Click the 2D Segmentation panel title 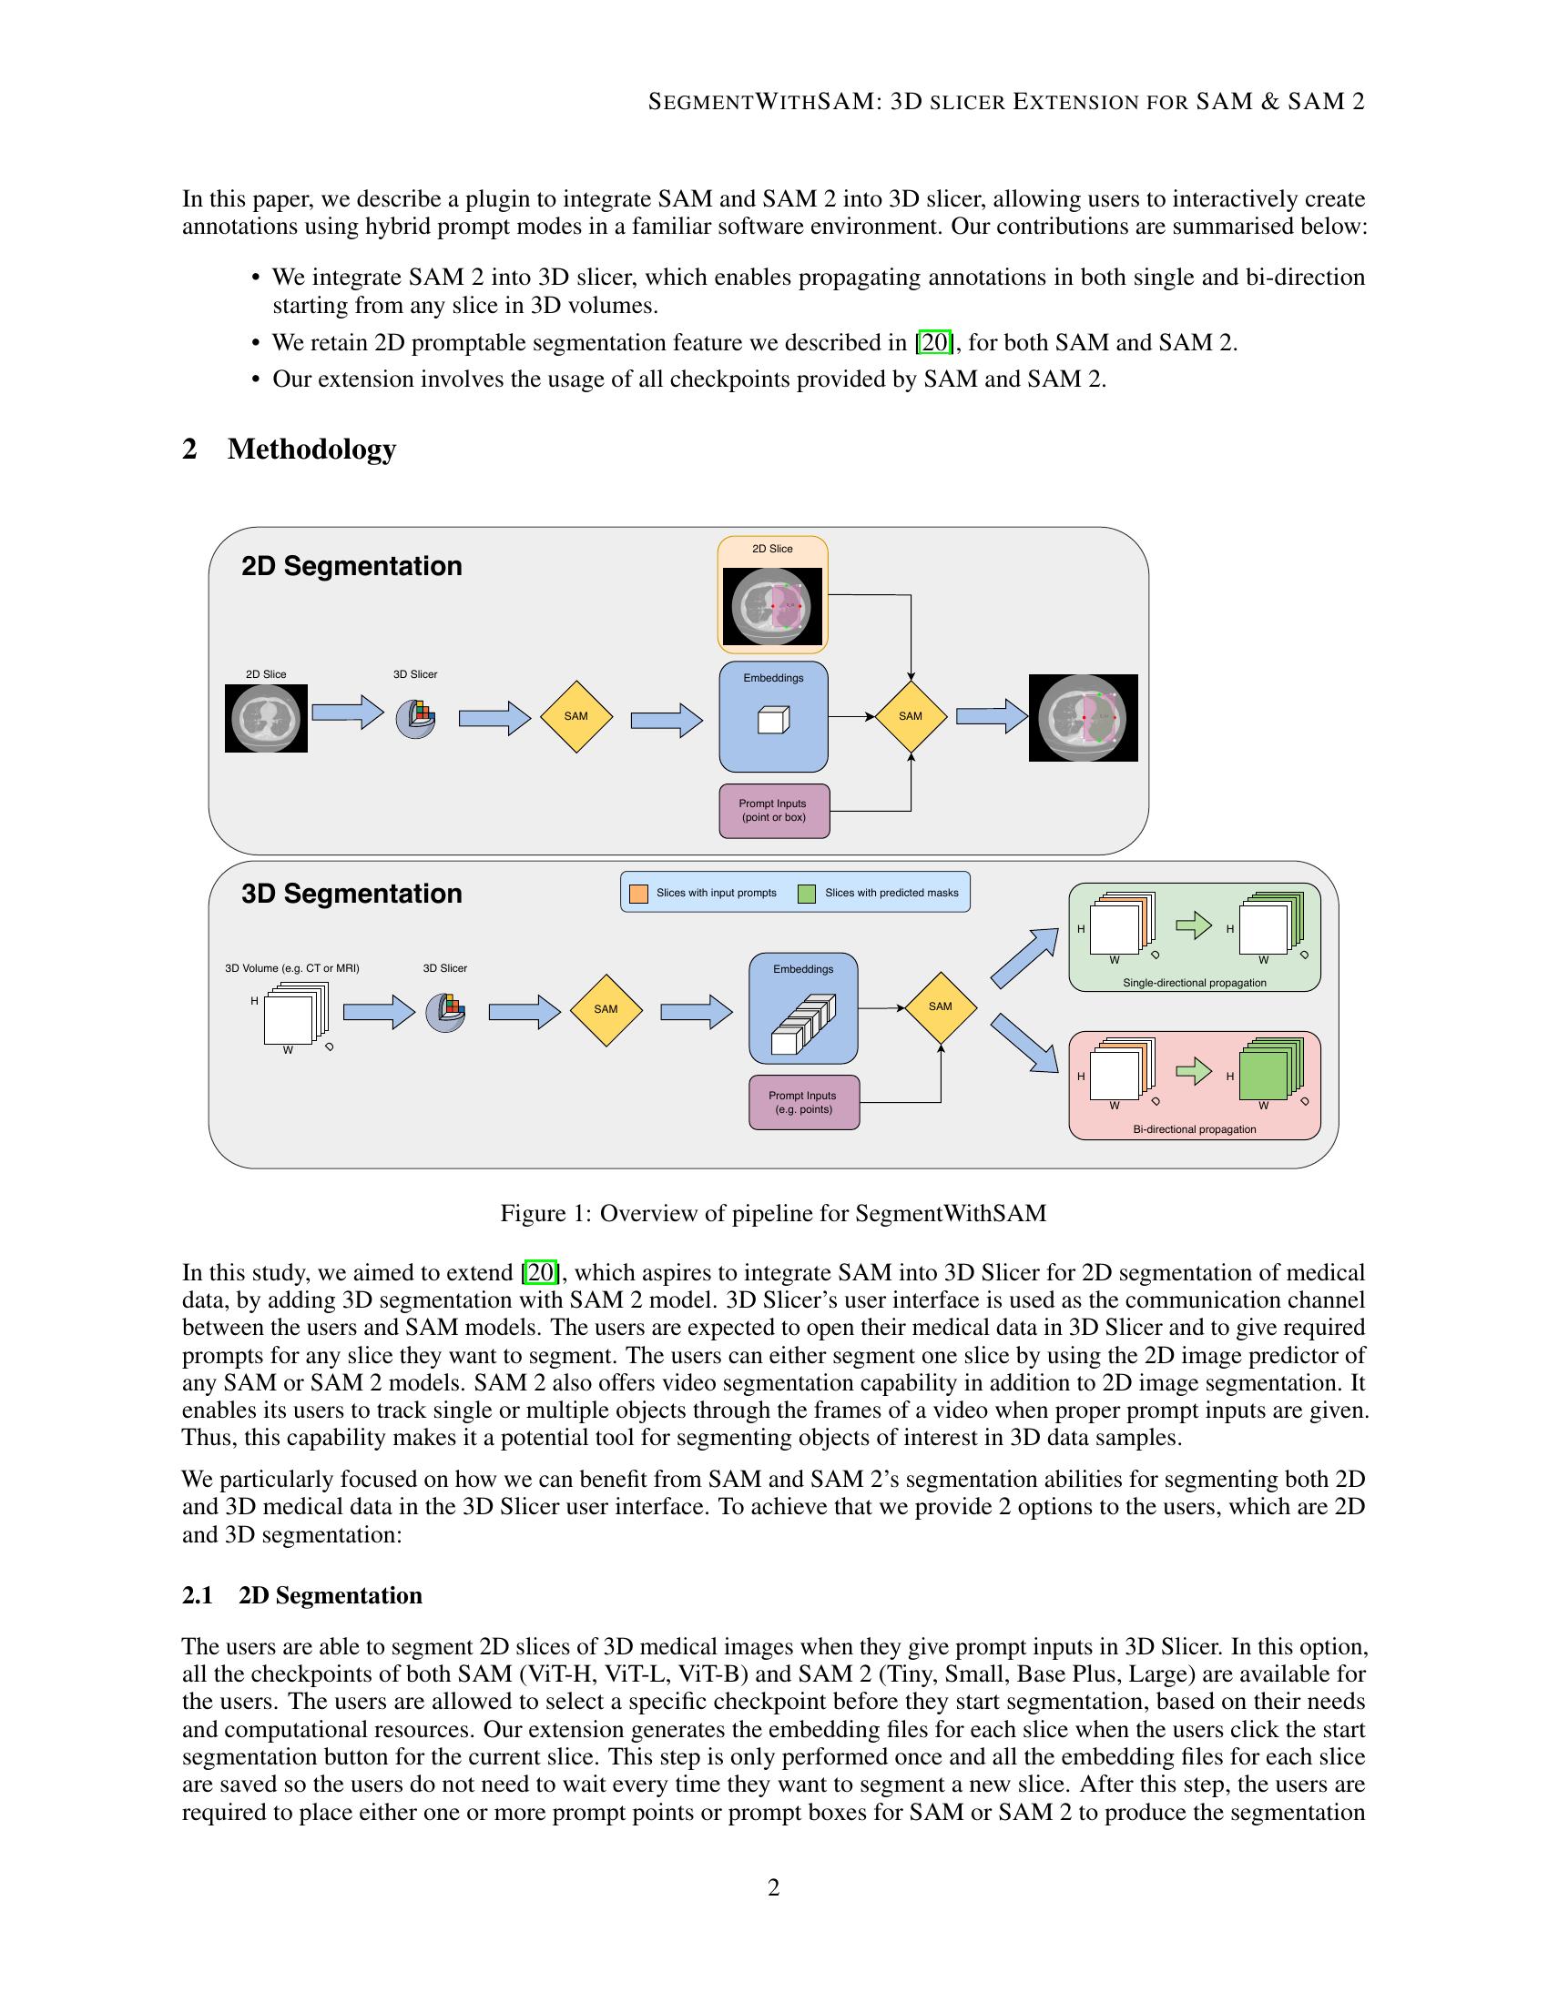(x=351, y=567)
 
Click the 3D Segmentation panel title (x=351, y=894)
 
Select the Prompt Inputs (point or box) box (x=774, y=810)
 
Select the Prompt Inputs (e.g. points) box (x=803, y=1102)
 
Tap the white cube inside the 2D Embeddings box (x=773, y=721)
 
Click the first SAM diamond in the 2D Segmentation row (x=575, y=716)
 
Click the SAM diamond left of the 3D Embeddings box (x=606, y=1009)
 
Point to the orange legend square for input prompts (x=638, y=893)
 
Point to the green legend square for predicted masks (x=807, y=893)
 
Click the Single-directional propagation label (x=1194, y=983)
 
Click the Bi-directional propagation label (x=1194, y=1129)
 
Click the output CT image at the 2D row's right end (x=1083, y=718)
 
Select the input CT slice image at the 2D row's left (x=266, y=719)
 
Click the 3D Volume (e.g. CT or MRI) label (x=291, y=968)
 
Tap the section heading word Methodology (x=311, y=450)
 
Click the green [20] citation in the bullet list (x=934, y=343)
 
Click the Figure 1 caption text (x=773, y=1214)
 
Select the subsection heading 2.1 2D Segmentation (x=301, y=1596)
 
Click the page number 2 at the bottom (x=773, y=1888)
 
